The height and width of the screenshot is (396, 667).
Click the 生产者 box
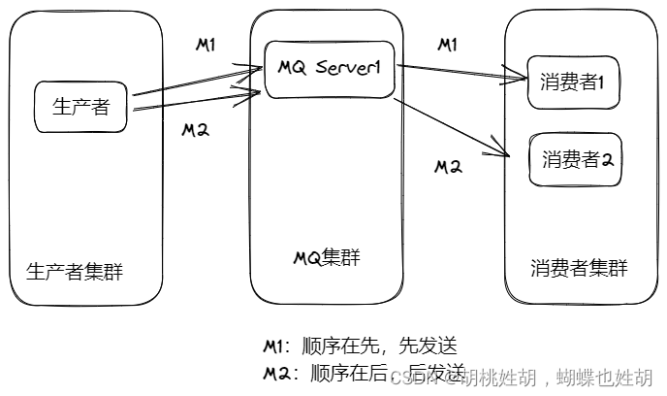[81, 107]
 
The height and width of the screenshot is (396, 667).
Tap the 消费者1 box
[572, 83]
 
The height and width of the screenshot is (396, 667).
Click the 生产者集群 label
[76, 270]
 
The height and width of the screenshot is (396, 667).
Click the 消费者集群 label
[579, 268]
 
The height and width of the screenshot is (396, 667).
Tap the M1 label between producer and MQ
[206, 45]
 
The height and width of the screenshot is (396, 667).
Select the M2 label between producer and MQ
[196, 129]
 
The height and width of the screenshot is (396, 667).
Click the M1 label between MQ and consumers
[448, 45]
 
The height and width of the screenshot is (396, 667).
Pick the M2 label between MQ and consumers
[448, 166]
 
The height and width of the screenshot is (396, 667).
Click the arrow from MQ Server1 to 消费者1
[461, 71]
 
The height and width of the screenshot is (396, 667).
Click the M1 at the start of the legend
[274, 346]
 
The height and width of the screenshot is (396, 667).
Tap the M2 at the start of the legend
[276, 374]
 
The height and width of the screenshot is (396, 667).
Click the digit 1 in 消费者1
[601, 83]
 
